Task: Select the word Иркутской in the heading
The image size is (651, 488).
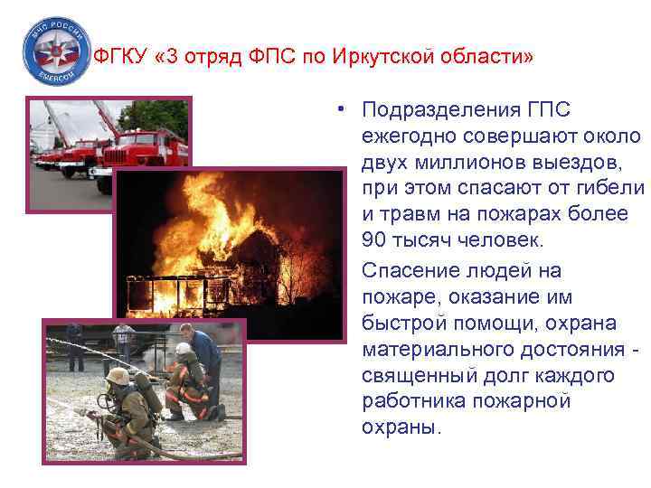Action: pyautogui.click(x=357, y=58)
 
